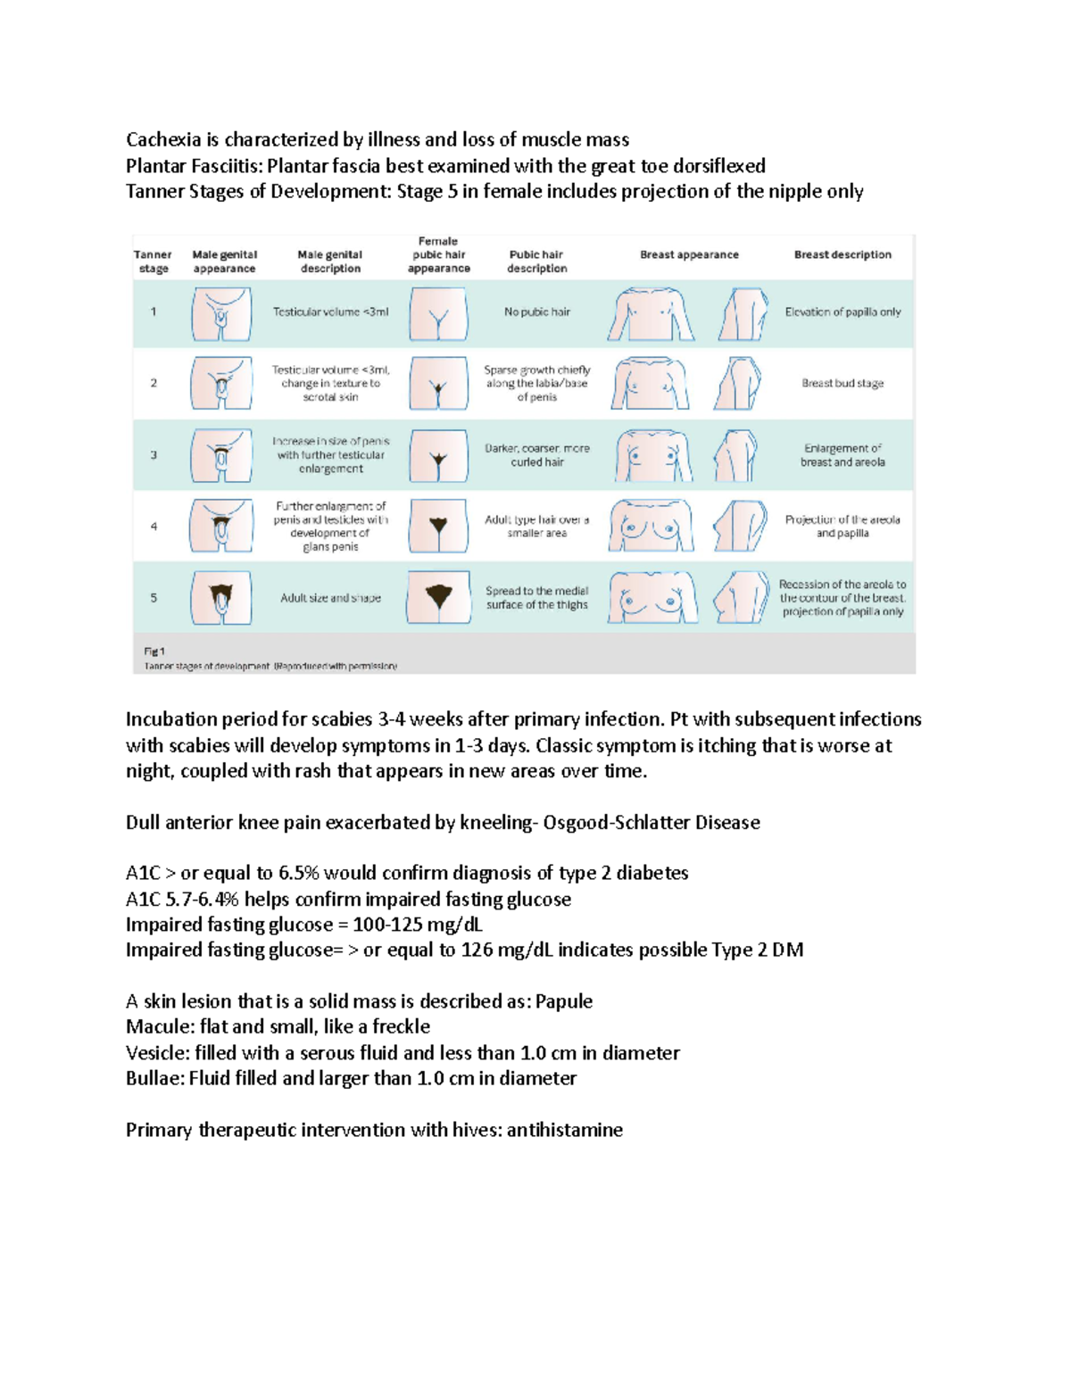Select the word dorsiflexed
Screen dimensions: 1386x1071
point(719,166)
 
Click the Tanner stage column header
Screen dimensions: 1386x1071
point(154,261)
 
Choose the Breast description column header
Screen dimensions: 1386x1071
point(843,254)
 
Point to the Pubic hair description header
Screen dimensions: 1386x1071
point(536,261)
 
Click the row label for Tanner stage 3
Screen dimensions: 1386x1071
point(154,455)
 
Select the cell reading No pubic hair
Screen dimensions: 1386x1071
point(536,312)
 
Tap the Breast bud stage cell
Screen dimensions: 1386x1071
point(843,384)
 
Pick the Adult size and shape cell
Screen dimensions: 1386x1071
point(330,598)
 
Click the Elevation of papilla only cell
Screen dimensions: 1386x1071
point(843,312)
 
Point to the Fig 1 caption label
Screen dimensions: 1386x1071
point(154,652)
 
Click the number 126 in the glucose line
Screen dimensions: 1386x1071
point(477,950)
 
